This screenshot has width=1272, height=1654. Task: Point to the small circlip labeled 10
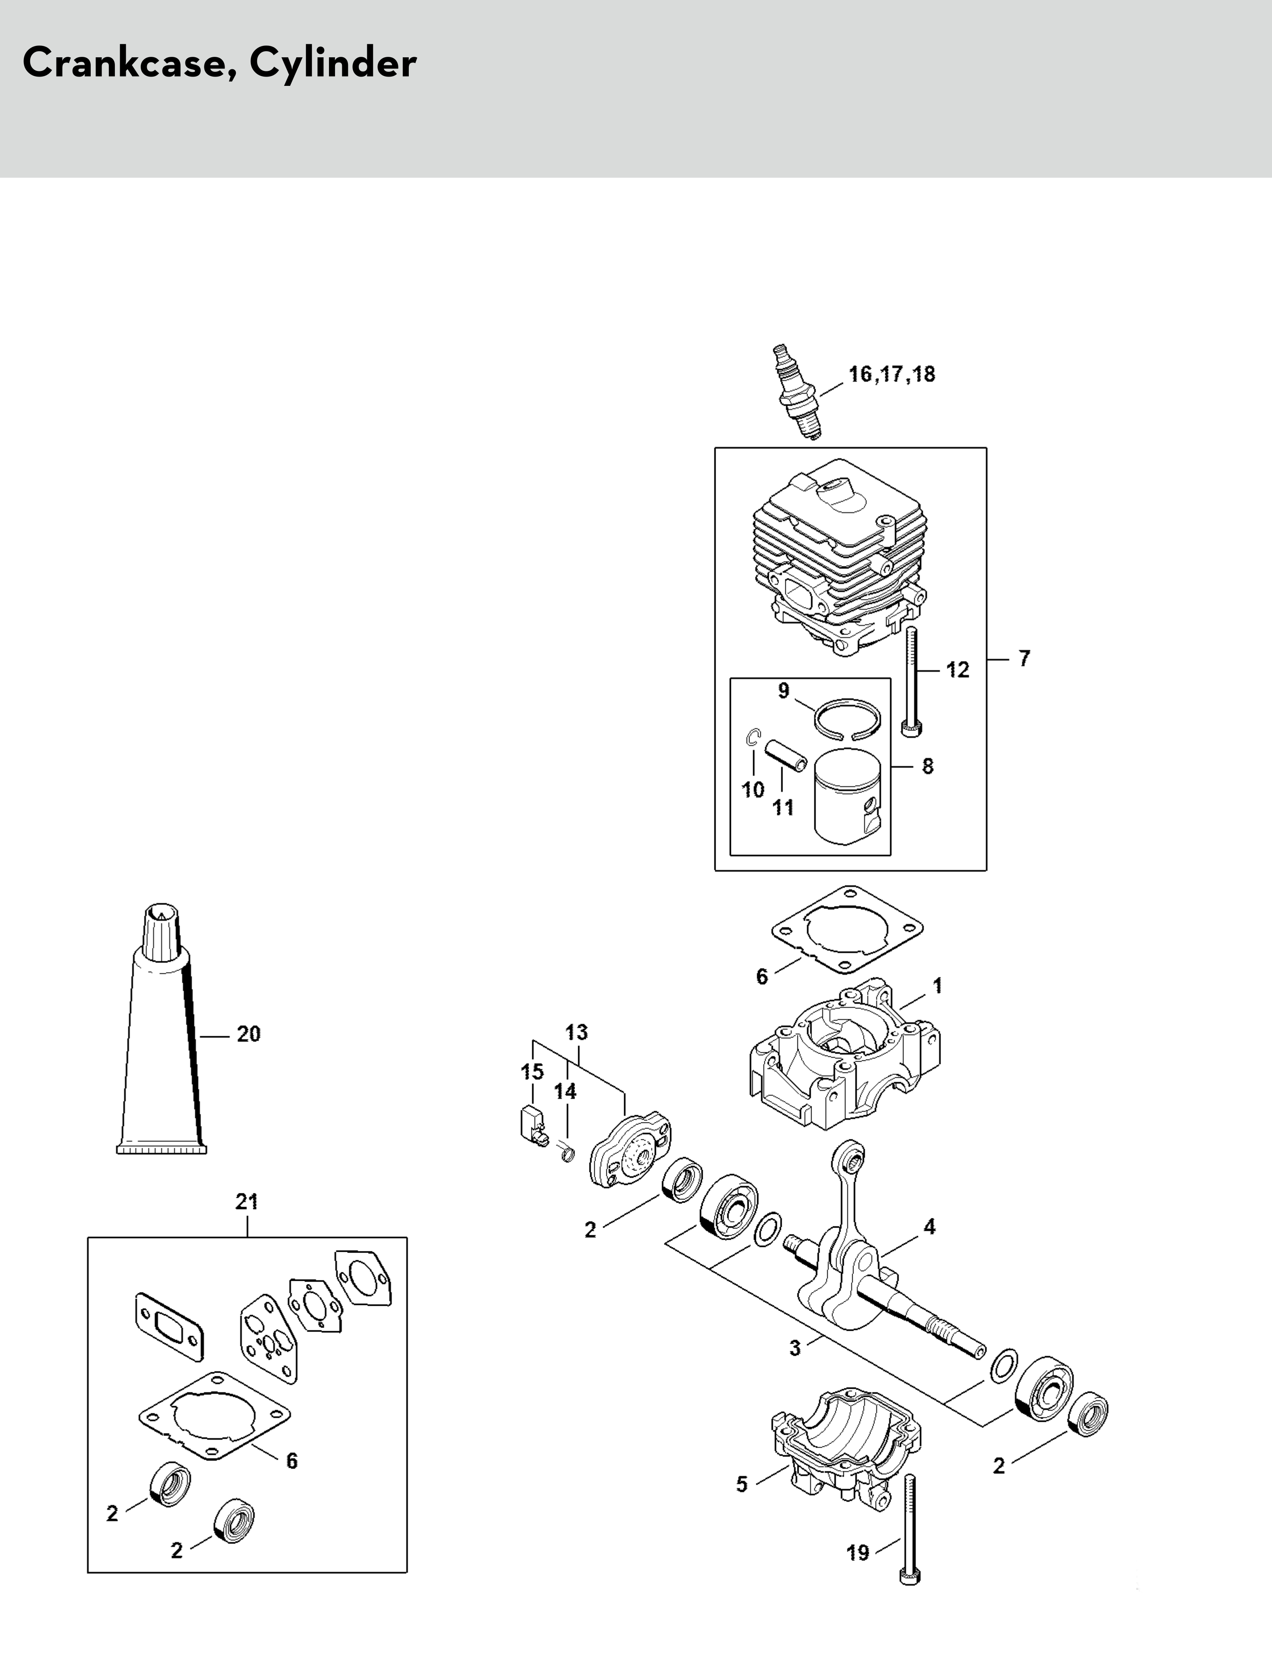coord(753,738)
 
